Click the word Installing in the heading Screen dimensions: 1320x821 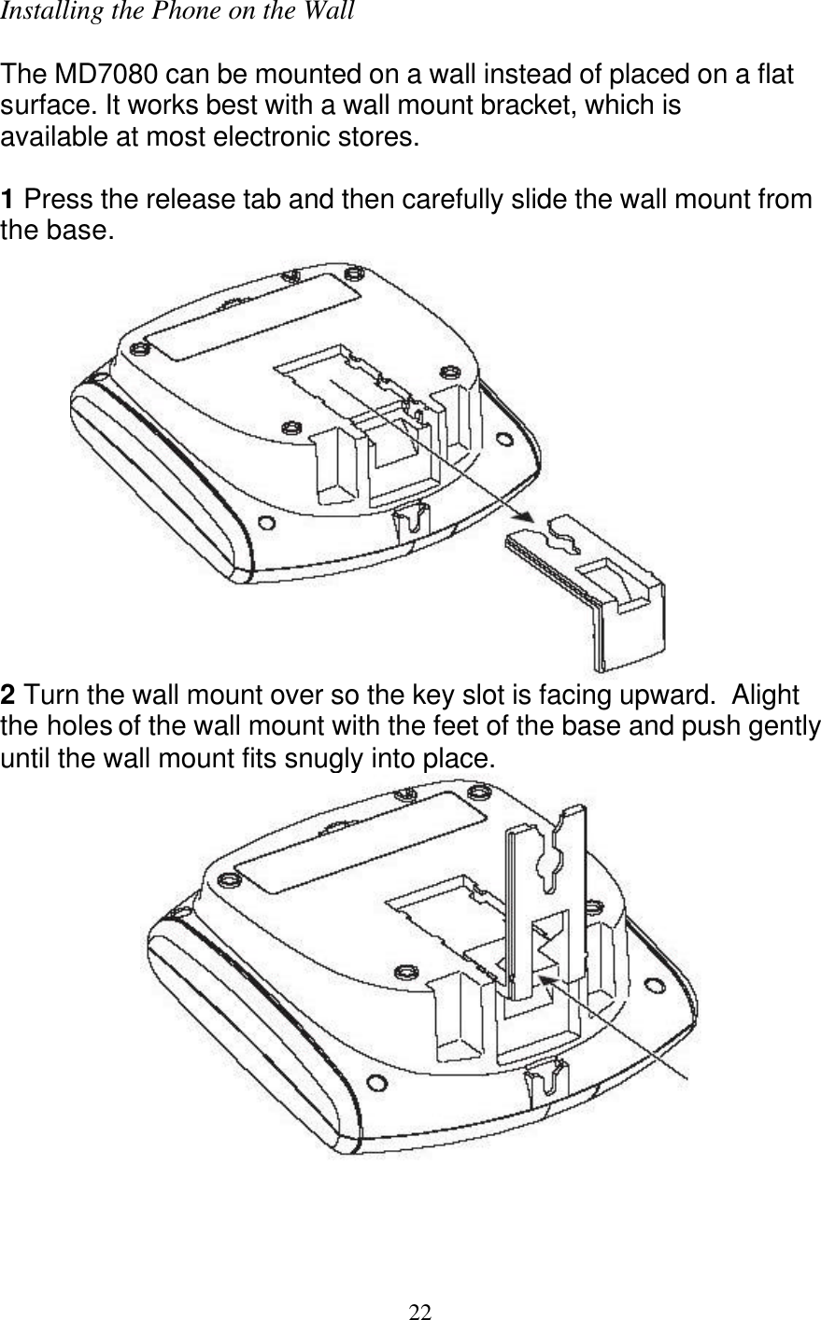point(38,13)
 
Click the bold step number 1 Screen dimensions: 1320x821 point(8,200)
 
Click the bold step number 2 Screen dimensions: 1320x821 point(8,696)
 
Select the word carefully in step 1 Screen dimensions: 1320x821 point(439,200)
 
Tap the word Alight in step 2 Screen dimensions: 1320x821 point(766,696)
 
